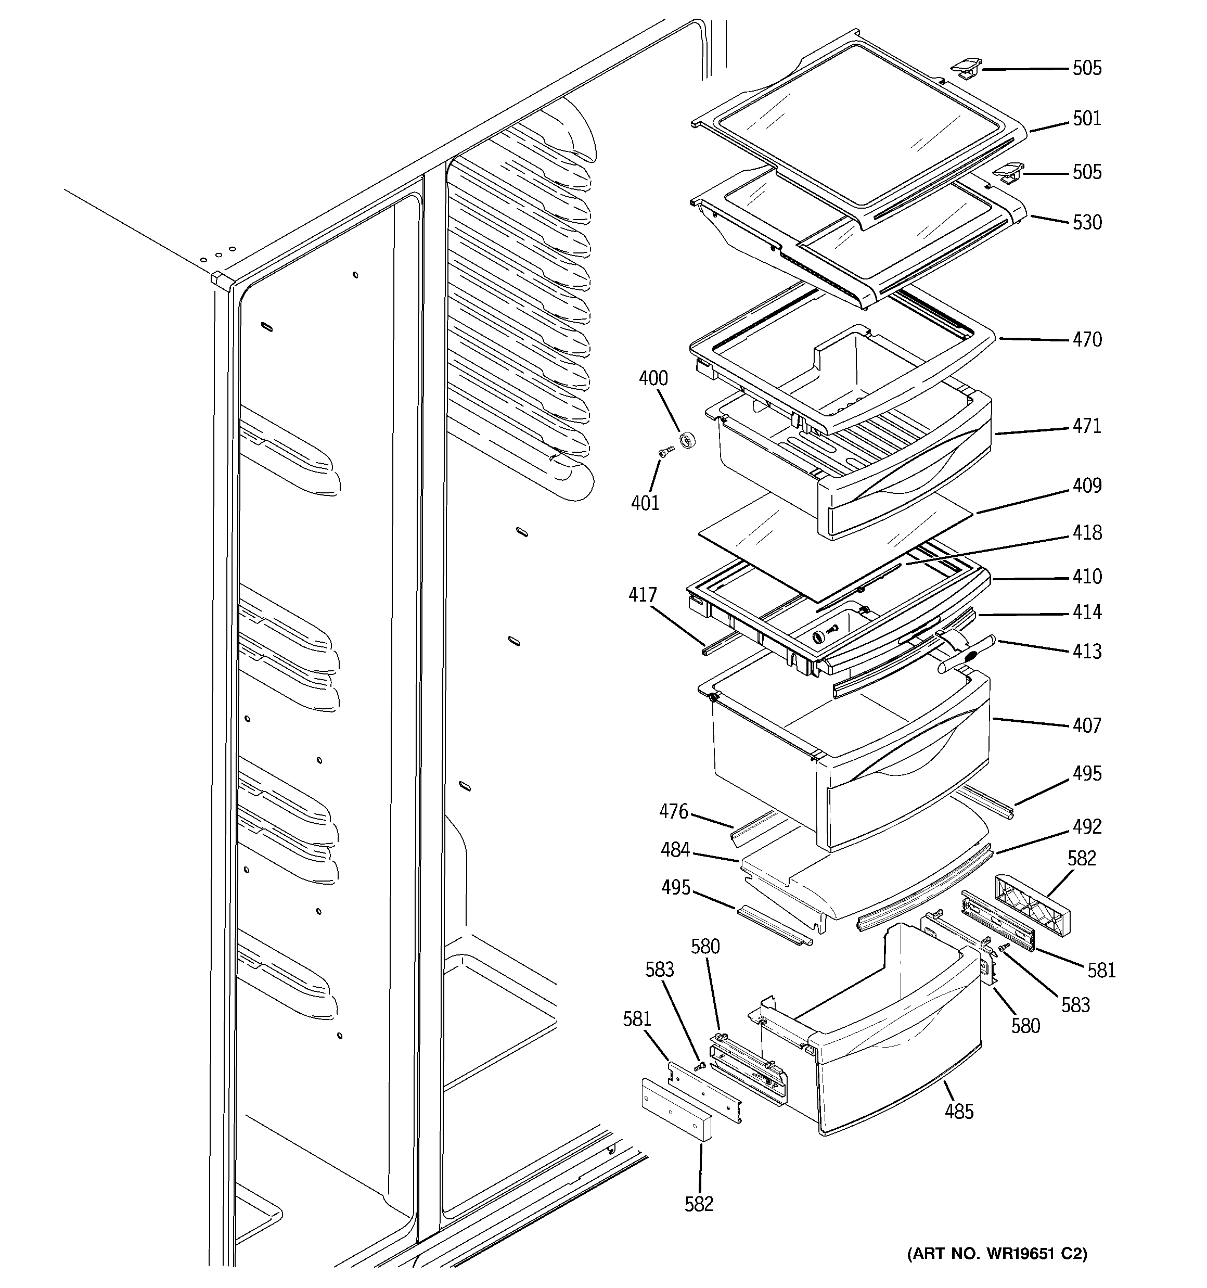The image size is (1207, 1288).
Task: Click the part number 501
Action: click(1086, 119)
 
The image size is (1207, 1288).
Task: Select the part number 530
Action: click(1086, 222)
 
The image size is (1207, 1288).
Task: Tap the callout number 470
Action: click(1086, 339)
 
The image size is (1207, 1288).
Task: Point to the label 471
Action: click(1086, 426)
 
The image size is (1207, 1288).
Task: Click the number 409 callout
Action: click(1086, 485)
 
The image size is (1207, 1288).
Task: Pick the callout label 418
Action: click(1086, 532)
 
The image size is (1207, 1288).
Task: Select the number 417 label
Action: click(642, 595)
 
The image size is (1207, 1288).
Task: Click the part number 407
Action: click(1086, 725)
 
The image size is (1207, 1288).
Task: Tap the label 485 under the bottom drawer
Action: click(959, 1112)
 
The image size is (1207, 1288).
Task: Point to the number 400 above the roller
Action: click(653, 378)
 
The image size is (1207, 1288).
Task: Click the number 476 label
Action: click(673, 812)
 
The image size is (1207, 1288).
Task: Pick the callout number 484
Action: click(675, 850)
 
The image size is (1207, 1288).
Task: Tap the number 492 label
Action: click(1086, 827)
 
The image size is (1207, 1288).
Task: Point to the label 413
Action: click(1086, 651)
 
